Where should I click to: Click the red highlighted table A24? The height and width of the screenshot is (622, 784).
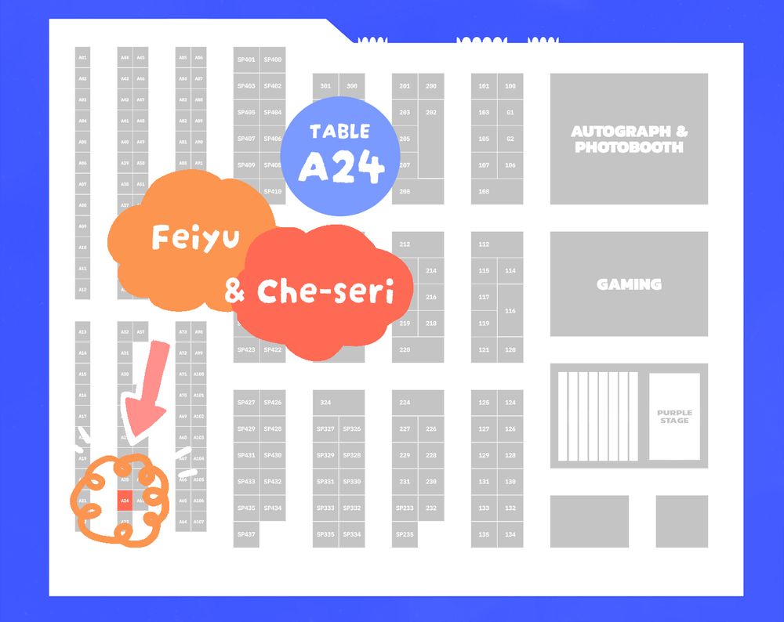[x=125, y=500]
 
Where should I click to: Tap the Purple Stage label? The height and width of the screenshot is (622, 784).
[x=674, y=417]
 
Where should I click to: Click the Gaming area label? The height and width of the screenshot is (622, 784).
[x=629, y=284]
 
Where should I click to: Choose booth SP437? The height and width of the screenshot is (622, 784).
[x=246, y=534]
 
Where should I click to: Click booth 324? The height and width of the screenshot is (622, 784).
[x=326, y=403]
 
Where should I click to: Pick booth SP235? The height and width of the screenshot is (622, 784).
[x=405, y=534]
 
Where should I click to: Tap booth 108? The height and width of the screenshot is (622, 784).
[x=484, y=192]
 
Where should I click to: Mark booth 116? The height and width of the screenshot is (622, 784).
[x=510, y=311]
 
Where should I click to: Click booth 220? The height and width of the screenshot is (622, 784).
[x=405, y=349]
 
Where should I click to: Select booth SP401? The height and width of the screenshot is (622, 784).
[x=246, y=60]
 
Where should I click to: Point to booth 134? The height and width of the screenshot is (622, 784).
[x=510, y=534]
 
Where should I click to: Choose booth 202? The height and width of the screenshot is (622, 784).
[x=431, y=113]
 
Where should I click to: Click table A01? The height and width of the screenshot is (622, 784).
[x=82, y=58]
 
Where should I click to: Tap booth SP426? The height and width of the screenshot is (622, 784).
[x=273, y=403]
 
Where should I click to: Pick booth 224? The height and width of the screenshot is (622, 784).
[x=405, y=403]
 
